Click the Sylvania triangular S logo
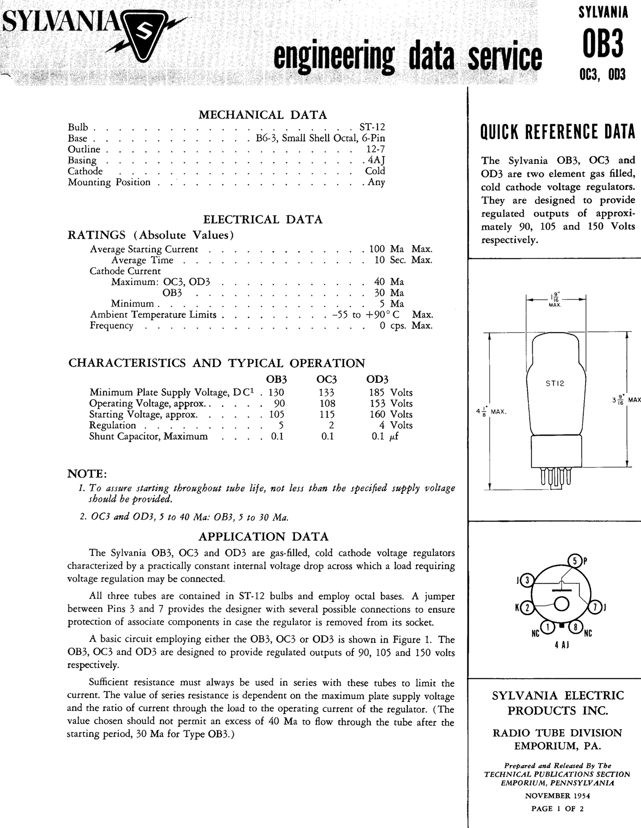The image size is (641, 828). tap(144, 37)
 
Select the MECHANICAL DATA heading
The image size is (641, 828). tap(263, 115)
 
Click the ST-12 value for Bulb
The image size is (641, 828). tap(372, 127)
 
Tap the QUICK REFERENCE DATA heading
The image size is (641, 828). tap(558, 132)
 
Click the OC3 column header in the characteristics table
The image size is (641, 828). tap(326, 379)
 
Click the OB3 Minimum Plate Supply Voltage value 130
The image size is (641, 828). tap(276, 392)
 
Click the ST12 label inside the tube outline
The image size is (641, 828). tap(555, 384)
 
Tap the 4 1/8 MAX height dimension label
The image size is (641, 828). tap(491, 411)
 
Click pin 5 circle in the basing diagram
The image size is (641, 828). tap(574, 561)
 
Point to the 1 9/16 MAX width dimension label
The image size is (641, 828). tap(555, 299)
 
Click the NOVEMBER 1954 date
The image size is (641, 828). tap(557, 796)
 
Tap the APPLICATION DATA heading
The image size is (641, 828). tap(263, 537)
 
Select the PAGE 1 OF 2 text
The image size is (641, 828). tap(557, 808)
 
